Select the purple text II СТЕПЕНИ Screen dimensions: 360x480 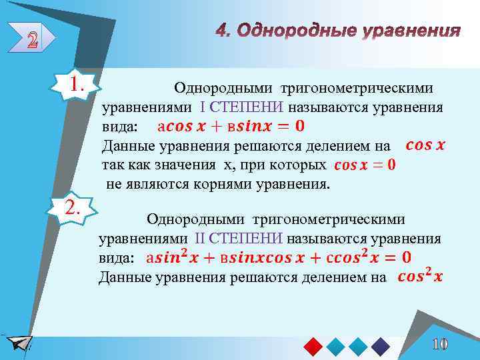coord(239,239)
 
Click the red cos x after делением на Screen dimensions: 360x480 coord(425,145)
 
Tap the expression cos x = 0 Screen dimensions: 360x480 coord(365,164)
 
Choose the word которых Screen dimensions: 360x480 coord(300,165)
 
